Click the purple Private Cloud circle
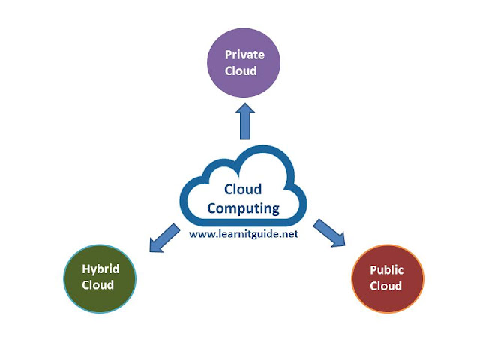(x=244, y=64)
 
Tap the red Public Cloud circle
(x=387, y=277)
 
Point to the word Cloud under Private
(x=244, y=71)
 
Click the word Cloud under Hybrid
(x=98, y=285)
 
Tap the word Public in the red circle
(x=387, y=270)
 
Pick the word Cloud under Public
(x=387, y=286)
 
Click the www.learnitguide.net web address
(x=244, y=234)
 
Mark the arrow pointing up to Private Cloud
(x=244, y=121)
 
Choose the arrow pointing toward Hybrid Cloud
(x=163, y=238)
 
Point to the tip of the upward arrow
(x=244, y=105)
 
